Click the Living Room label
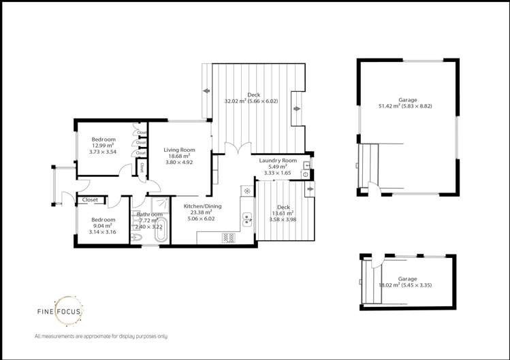pyautogui.click(x=179, y=150)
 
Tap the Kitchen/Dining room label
pyautogui.click(x=200, y=205)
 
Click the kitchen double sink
pyautogui.click(x=246, y=219)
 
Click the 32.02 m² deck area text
pyautogui.click(x=253, y=101)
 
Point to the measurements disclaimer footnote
pyautogui.click(x=100, y=337)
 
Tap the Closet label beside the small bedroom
pyautogui.click(x=90, y=200)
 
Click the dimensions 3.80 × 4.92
pyautogui.click(x=179, y=163)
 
